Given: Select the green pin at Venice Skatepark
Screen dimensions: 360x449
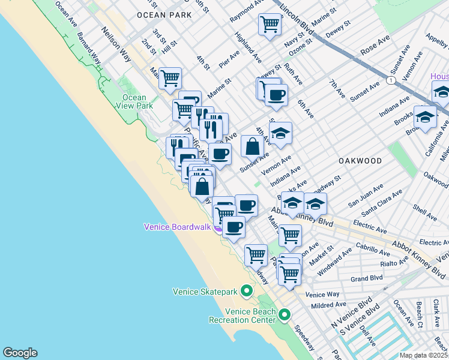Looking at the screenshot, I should point(246,292).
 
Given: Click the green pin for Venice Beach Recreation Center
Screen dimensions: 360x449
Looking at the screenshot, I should point(284,314).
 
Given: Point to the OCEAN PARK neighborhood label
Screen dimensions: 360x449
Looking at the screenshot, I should point(164,14).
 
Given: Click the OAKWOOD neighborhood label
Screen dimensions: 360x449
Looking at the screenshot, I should point(360,161).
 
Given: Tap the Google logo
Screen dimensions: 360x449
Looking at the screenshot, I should point(20,353).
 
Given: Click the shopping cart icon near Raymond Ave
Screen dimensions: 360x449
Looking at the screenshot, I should point(270,25).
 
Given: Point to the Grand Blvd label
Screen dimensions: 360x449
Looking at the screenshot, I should point(367,278).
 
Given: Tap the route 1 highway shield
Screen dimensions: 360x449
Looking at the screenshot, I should point(391,80).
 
